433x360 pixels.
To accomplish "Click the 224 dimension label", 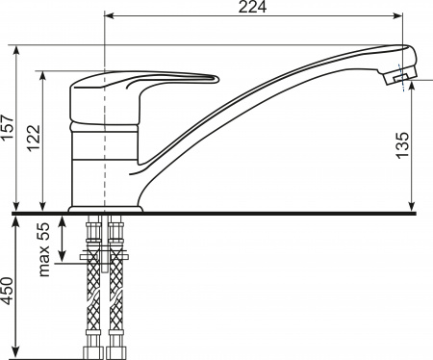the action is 252,7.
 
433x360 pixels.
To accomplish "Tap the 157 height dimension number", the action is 8,127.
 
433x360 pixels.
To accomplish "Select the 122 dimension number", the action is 34,138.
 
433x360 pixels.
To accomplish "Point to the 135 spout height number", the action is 402,145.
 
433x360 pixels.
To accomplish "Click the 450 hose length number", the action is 7,291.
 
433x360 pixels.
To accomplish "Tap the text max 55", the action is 44,249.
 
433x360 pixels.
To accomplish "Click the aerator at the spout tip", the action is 399,76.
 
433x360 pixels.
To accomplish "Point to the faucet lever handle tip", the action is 216,79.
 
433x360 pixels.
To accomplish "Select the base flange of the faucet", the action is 106,209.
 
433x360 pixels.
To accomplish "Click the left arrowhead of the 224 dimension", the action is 109,15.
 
